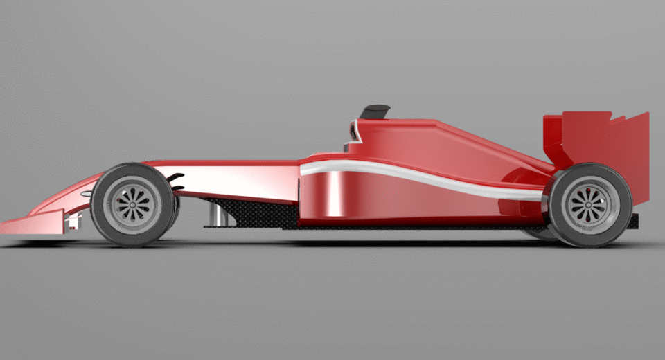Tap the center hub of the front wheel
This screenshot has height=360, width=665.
[132, 204]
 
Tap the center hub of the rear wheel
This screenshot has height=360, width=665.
[589, 206]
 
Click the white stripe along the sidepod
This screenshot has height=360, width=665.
[416, 174]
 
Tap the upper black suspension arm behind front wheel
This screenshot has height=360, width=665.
[176, 176]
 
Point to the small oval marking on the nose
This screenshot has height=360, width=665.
[86, 195]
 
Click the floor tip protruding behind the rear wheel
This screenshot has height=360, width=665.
[634, 221]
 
